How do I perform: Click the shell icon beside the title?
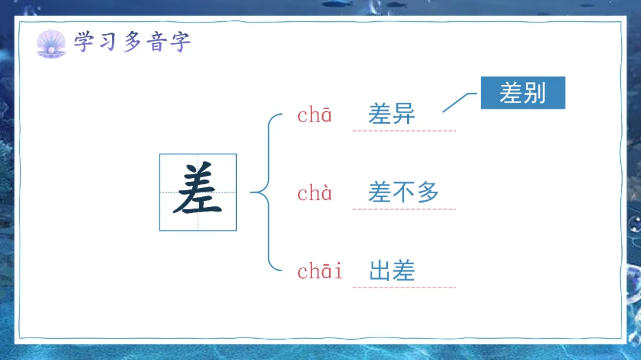point(52,44)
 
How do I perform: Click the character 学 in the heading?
point(84,42)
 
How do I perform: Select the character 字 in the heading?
point(179,43)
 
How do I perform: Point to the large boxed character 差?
point(198,192)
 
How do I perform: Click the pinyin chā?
point(315,115)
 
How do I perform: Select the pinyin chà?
point(315,193)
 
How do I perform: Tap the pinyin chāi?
point(320,272)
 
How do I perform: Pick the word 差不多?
point(403,192)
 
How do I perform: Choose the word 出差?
point(392,271)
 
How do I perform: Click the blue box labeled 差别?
point(522,93)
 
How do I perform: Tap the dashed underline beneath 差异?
point(404,130)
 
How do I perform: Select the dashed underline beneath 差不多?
point(404,209)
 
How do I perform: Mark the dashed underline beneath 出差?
point(404,288)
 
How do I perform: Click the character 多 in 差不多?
point(427,192)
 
